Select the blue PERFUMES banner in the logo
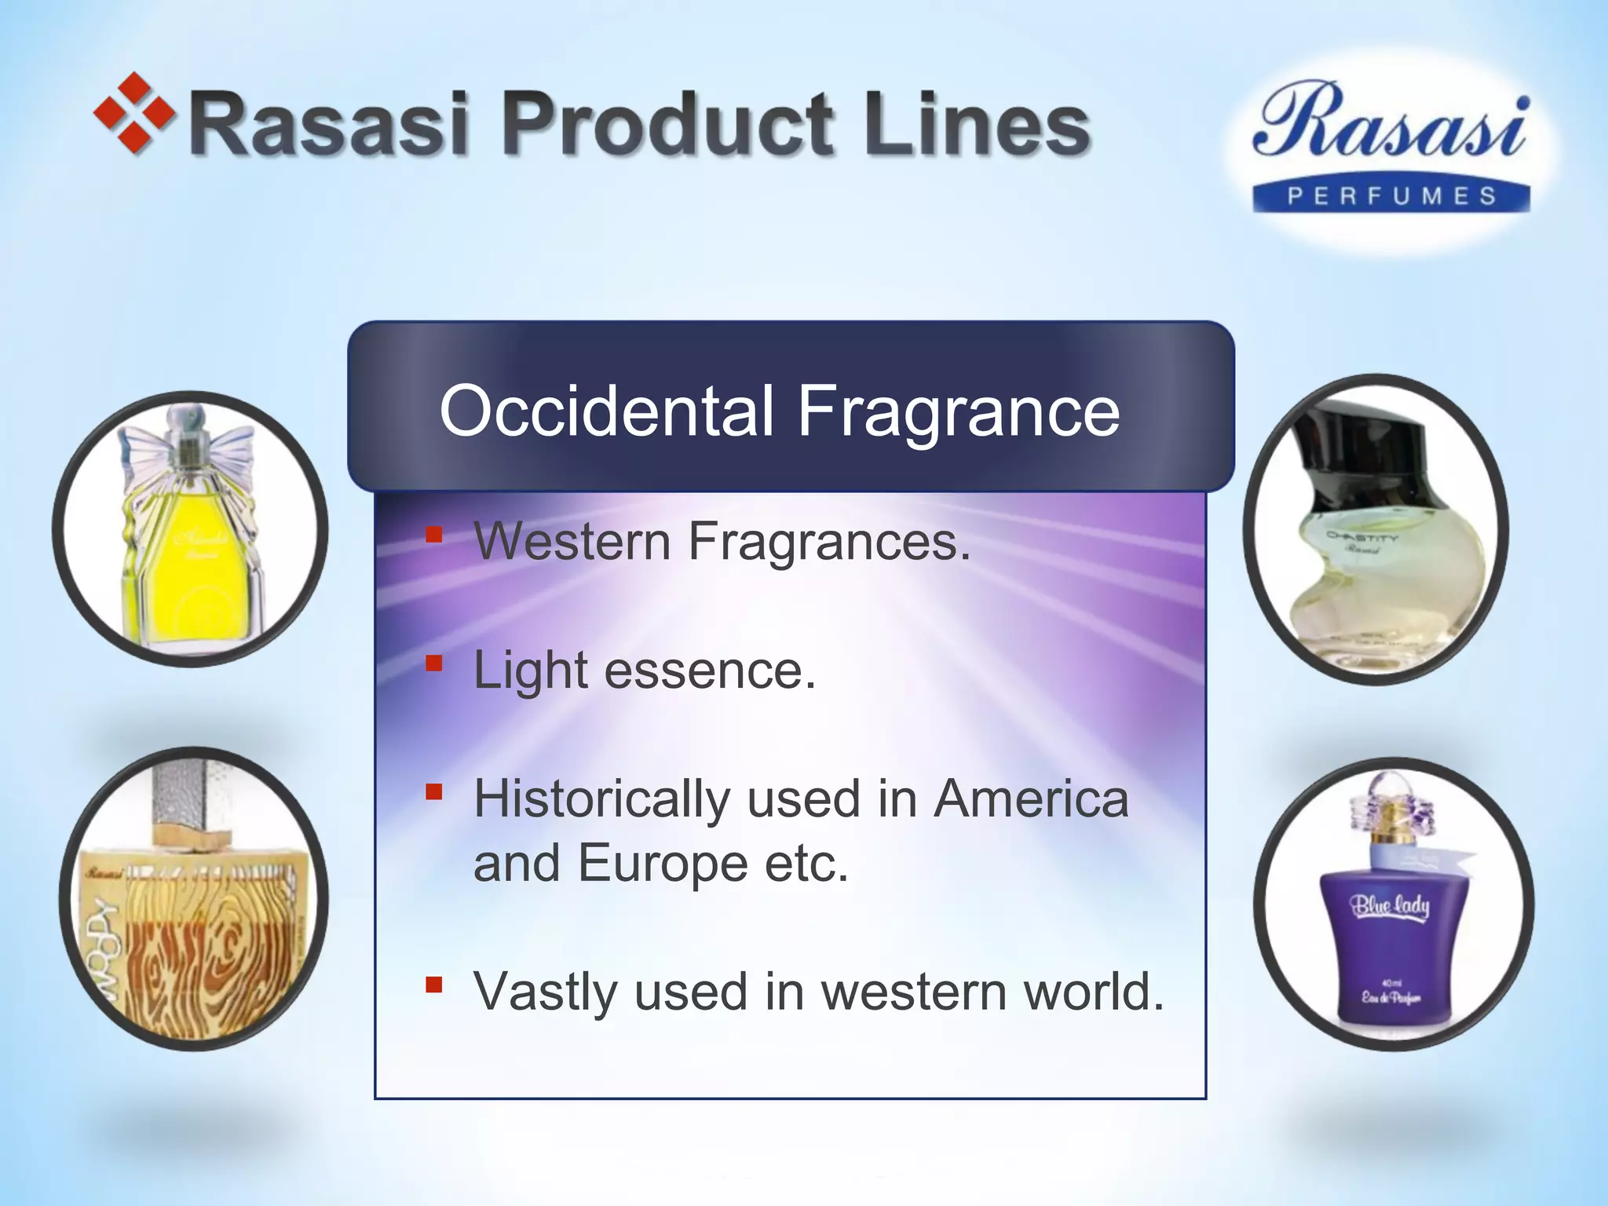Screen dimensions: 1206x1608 1391,196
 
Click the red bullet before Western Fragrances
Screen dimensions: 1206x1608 434,535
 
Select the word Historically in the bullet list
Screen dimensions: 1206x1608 601,800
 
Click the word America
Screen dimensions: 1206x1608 1030,799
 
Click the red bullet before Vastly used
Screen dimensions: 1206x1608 434,985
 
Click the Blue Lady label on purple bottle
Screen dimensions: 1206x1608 1390,906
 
